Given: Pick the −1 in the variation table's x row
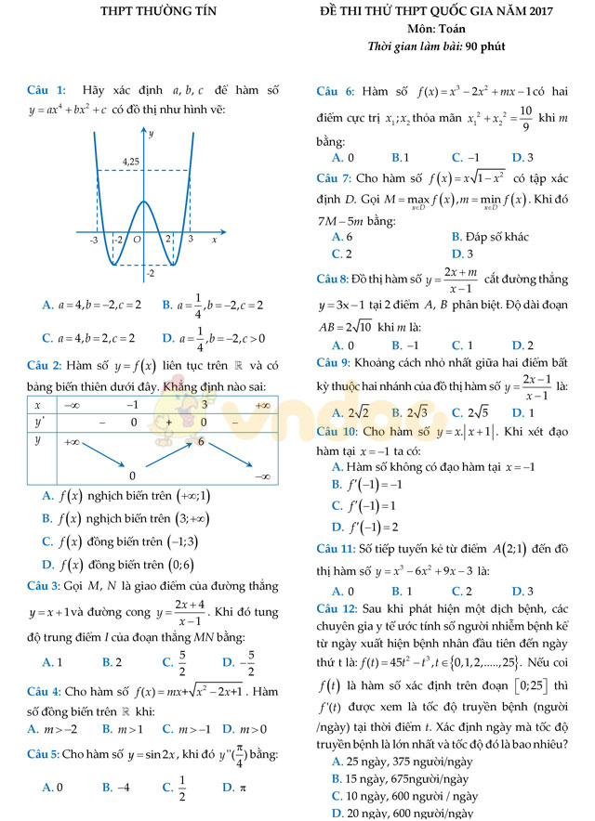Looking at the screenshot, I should point(132,405).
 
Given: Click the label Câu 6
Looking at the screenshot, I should point(335,92).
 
